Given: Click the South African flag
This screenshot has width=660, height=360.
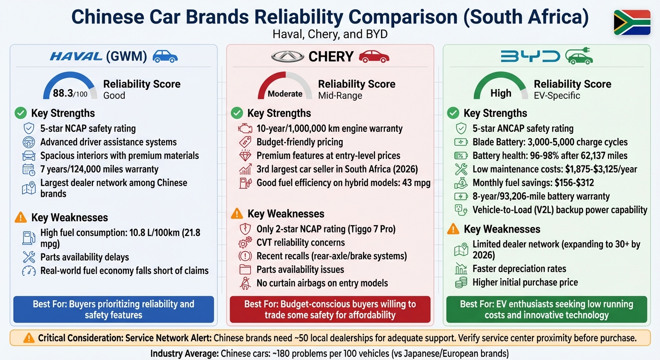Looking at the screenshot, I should click(x=632, y=22).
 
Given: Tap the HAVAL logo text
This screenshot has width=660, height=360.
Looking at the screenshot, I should click(x=76, y=57).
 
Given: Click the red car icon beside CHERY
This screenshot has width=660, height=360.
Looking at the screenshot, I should click(x=374, y=57).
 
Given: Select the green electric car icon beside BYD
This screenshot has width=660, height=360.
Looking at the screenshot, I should click(x=579, y=56).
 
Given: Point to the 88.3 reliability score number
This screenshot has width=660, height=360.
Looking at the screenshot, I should click(x=64, y=93).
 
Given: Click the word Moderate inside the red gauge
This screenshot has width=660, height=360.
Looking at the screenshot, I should click(x=285, y=94).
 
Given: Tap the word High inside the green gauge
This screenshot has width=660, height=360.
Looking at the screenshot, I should click(x=501, y=93).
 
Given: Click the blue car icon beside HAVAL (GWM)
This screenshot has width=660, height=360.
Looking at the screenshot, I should click(x=165, y=57).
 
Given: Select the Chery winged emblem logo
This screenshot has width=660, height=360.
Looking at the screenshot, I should click(x=287, y=57).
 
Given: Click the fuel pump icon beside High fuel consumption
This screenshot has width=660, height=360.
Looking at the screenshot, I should click(x=29, y=238).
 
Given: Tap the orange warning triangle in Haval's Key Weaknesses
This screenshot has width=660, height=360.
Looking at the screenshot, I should click(x=21, y=217).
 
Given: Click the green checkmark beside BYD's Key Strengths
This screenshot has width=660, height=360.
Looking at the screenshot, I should click(x=453, y=113).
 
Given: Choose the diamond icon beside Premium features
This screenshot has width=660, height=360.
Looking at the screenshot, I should click(x=245, y=156).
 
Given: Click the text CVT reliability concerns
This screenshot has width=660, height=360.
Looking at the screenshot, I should click(x=300, y=243).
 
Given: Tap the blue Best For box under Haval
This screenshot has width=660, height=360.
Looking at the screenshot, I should click(x=113, y=309).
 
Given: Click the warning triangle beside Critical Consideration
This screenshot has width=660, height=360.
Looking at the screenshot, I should click(x=29, y=338).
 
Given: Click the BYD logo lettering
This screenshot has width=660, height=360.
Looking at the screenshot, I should click(x=530, y=57).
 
